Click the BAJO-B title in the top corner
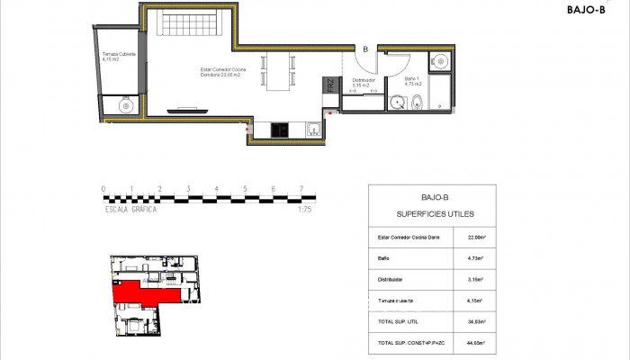(x=586, y=10)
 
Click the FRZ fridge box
(x=330, y=86)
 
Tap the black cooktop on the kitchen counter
(x=280, y=130)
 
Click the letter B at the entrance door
(x=365, y=49)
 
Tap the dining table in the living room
(x=280, y=70)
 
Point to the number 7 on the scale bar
(x=301, y=189)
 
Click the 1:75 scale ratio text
(x=303, y=209)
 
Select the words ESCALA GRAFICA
(x=130, y=209)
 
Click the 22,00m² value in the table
(x=476, y=238)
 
